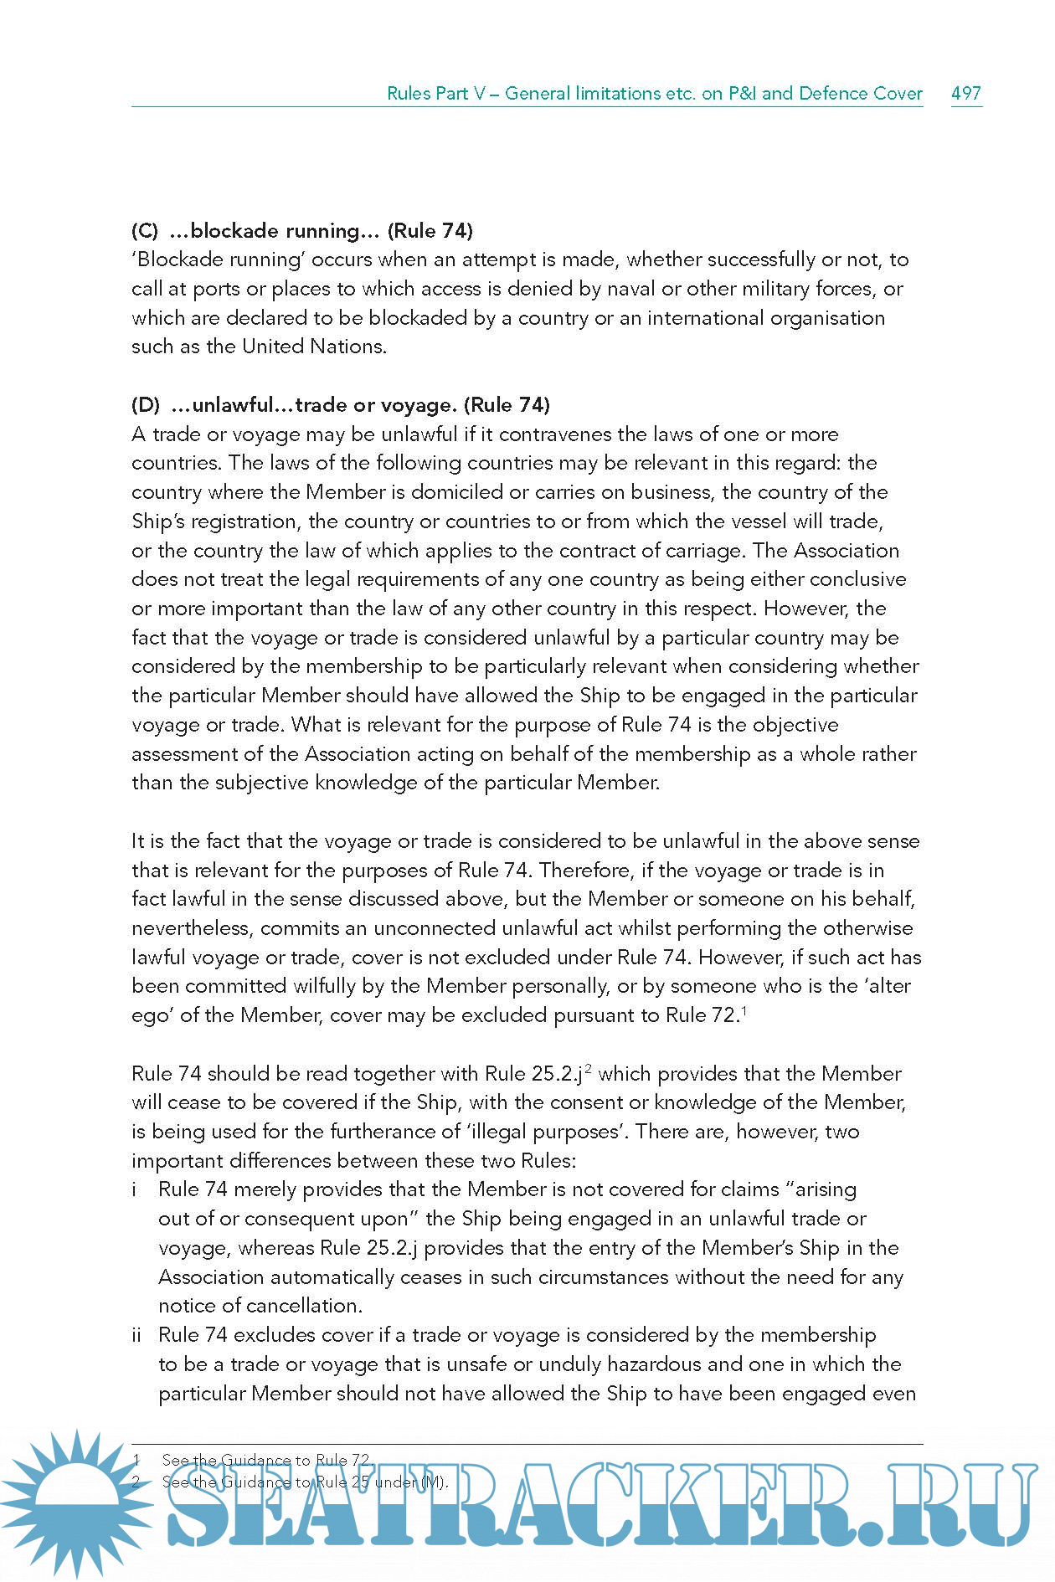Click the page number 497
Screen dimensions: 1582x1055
tap(965, 93)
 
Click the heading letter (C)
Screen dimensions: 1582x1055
tap(145, 231)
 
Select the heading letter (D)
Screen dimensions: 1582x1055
tap(146, 405)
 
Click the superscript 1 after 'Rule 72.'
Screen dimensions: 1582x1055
tap(744, 1010)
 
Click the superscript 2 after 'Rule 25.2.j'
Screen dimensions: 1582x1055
tap(589, 1069)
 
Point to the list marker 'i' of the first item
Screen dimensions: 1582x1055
tap(135, 1189)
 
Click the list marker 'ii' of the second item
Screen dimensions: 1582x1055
tap(136, 1335)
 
